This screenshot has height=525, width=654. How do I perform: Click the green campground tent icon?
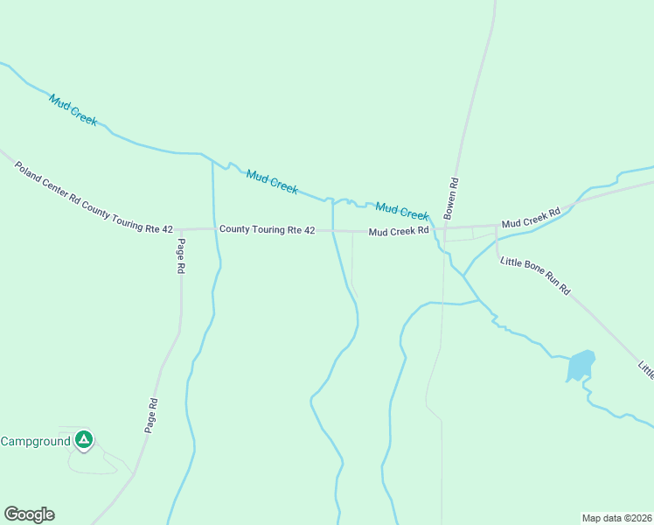click(84, 439)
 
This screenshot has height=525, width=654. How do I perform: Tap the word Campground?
click(35, 441)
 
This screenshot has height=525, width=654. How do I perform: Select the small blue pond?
click(581, 365)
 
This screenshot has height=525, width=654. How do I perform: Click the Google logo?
click(29, 514)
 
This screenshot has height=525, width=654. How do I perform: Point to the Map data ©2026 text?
click(617, 517)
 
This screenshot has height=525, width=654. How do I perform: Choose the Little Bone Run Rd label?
click(535, 276)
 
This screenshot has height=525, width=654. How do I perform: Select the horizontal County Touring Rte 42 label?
click(267, 230)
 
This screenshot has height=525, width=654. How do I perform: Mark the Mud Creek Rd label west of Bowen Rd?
click(398, 232)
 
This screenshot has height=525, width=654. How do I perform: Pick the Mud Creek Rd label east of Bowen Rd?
click(531, 219)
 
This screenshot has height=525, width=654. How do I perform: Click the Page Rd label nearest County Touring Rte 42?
click(181, 256)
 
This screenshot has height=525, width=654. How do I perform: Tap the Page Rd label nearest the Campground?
click(152, 416)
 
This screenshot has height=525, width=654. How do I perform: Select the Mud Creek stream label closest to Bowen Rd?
click(401, 211)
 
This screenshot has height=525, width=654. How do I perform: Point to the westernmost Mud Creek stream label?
click(73, 109)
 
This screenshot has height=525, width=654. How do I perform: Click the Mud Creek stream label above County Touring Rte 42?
click(272, 181)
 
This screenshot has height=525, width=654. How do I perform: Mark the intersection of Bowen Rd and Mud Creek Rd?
click(444, 230)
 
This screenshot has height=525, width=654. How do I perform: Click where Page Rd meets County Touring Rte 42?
click(180, 230)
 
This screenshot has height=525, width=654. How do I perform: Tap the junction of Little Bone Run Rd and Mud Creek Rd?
click(497, 226)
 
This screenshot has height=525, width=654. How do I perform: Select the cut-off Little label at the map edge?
click(645, 369)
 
